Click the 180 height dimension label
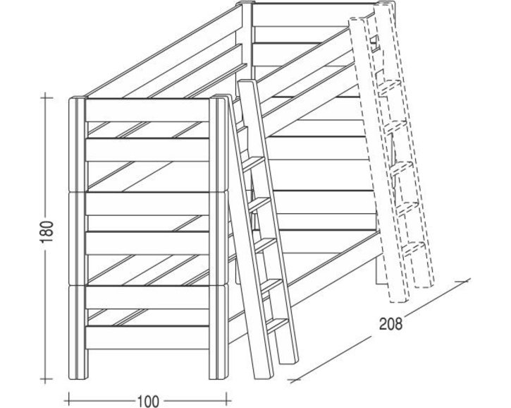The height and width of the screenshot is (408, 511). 48,232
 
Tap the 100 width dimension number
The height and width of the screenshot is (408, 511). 147,401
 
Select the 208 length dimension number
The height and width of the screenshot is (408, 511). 390,323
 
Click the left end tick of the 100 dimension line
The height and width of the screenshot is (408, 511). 69,400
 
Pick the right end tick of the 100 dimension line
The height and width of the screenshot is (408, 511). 226,400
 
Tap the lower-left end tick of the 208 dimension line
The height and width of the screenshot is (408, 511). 295,380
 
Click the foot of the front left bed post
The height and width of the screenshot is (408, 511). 78,376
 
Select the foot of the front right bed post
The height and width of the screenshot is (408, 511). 218,376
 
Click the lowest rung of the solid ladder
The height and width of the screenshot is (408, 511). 277,324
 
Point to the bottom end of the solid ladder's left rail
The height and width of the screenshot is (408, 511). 264,376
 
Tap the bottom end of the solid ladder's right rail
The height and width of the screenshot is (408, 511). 290,360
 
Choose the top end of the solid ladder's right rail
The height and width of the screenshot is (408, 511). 247,83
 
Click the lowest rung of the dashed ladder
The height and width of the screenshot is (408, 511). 414,248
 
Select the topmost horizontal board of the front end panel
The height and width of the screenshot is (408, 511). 147,110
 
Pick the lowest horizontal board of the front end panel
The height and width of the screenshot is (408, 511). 147,337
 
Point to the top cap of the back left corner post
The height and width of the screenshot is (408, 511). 245,4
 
